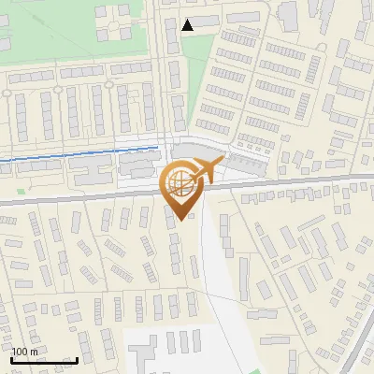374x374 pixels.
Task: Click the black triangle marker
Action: pyautogui.click(x=188, y=25)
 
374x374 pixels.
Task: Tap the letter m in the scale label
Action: pyautogui.click(x=35, y=352)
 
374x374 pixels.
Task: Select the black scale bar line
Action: pyautogui.click(x=44, y=361)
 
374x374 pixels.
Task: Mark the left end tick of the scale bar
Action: pyautogui.click(x=11, y=359)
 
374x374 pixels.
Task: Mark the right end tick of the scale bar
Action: pyautogui.click(x=77, y=359)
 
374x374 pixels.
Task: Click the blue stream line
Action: pyautogui.click(x=75, y=154)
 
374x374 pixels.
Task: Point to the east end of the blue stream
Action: pyautogui.click(x=158, y=147)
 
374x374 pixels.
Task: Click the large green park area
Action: pyautogui.click(x=56, y=37)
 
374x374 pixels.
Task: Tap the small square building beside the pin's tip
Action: pyautogui.click(x=192, y=216)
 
